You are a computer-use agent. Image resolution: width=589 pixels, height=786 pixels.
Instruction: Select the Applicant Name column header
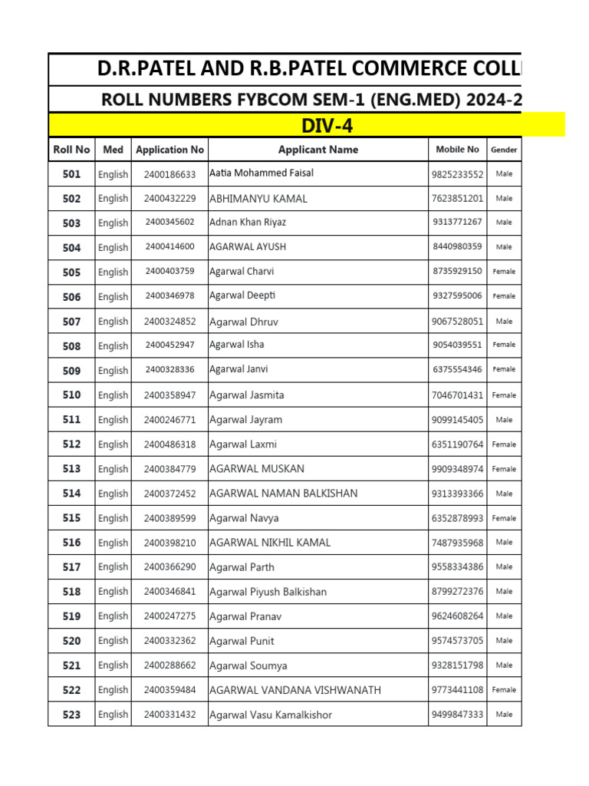(x=318, y=150)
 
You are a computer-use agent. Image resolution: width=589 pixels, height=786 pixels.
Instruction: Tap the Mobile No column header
(x=457, y=150)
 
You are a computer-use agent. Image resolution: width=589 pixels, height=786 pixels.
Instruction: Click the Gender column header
(x=504, y=150)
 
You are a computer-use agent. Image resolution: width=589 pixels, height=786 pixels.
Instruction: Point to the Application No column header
(x=169, y=150)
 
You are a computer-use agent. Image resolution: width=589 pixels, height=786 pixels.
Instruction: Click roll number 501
(x=71, y=174)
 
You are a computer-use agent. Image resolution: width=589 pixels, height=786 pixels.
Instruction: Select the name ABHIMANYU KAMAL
(x=258, y=199)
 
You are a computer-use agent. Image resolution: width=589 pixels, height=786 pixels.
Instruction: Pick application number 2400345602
(x=169, y=223)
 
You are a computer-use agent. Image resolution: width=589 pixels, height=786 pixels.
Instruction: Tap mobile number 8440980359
(x=457, y=247)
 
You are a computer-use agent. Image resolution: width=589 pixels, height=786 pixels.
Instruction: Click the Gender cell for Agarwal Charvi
(x=504, y=272)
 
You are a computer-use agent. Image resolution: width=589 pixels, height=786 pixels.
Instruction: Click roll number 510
(x=71, y=395)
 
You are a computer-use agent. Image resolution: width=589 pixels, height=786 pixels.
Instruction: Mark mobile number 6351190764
(x=457, y=444)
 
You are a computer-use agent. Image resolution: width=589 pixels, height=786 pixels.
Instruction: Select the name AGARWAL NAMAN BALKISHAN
(x=283, y=494)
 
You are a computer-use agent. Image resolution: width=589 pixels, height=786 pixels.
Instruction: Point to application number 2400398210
(x=169, y=543)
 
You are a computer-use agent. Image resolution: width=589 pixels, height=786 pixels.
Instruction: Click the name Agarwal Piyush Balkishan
(x=268, y=592)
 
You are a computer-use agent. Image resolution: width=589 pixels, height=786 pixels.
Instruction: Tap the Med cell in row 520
(x=113, y=641)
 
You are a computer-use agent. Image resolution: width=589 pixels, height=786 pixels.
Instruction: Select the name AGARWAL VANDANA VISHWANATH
(x=294, y=690)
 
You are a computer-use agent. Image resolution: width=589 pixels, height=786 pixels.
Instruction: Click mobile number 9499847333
(x=457, y=715)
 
